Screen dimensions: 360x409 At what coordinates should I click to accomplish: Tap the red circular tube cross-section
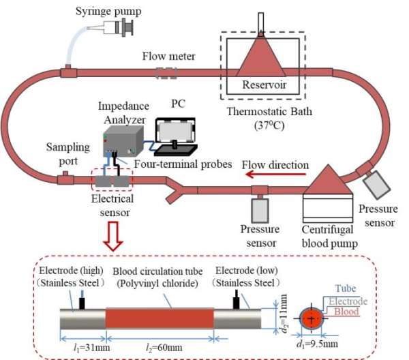pyautogui.click(x=313, y=318)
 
